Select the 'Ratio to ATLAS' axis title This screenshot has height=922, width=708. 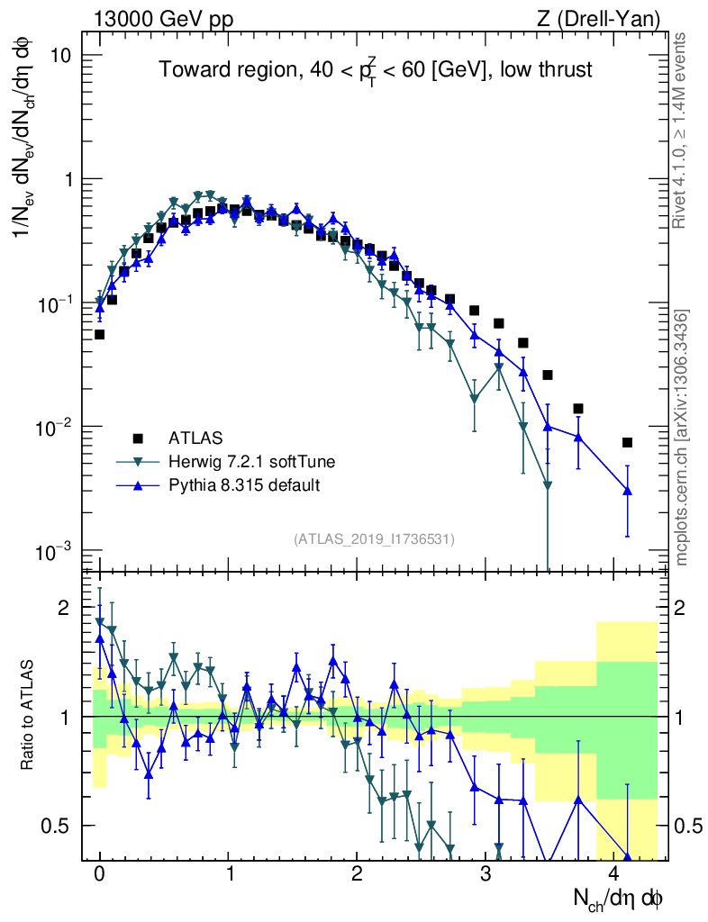29,716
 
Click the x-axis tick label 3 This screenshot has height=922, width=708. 486,873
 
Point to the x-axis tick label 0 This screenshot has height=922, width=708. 99,873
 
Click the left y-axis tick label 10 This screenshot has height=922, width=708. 59,56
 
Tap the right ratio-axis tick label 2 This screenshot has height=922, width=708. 685,608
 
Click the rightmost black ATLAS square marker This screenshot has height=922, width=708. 627,442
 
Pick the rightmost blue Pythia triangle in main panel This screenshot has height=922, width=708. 627,491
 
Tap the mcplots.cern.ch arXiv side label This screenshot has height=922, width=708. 682,437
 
